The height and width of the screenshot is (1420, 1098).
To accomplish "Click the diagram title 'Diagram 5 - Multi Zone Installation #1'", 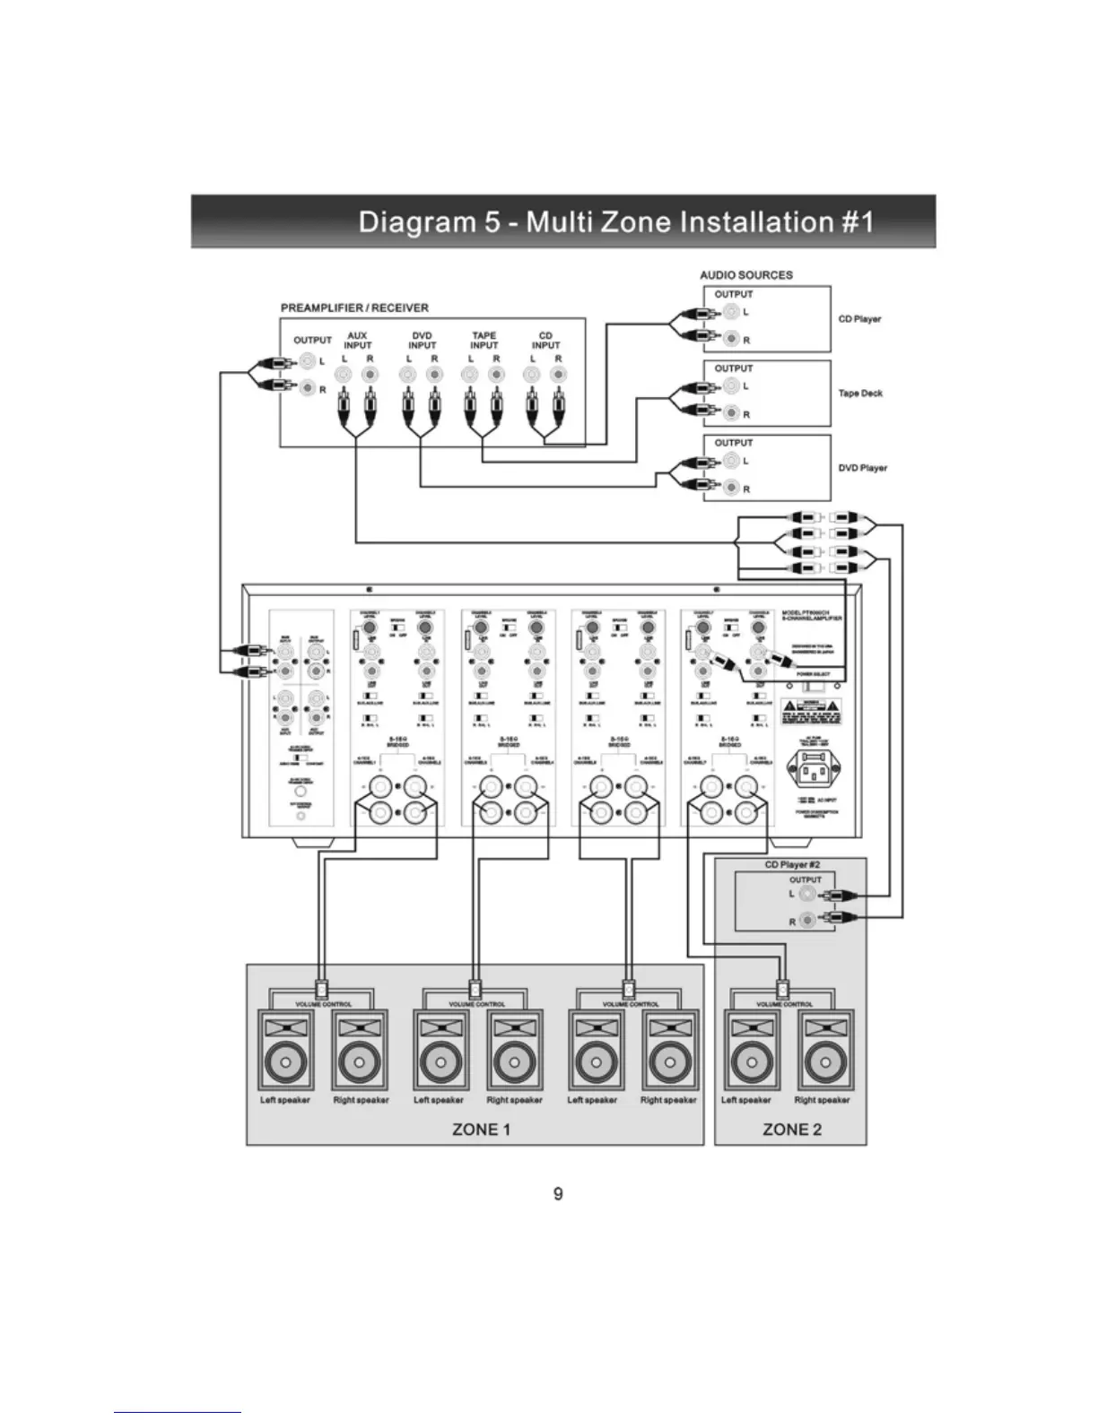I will [615, 221].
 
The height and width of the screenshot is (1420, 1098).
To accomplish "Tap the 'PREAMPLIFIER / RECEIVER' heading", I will [354, 307].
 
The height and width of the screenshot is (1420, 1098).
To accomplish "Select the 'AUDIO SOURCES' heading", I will [746, 275].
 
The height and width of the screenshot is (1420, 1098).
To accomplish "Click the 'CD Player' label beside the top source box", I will [859, 319].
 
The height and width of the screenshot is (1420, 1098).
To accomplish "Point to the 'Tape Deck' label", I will [860, 394].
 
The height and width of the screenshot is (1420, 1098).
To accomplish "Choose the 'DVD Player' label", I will [862, 468].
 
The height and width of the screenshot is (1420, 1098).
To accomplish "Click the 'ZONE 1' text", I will [481, 1130].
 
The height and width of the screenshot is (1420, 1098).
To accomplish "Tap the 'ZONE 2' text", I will [791, 1130].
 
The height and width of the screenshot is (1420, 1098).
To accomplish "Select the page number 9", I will [558, 1194].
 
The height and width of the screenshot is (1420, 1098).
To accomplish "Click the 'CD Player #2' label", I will [792, 865].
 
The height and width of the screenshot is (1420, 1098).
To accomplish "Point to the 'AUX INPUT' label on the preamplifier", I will [357, 341].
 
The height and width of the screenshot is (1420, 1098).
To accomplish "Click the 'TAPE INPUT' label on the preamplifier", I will [484, 341].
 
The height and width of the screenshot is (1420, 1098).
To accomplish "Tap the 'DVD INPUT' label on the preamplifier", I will [422, 341].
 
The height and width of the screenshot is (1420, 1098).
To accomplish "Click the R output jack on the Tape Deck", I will [732, 413].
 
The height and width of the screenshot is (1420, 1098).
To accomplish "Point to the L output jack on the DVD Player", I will [732, 461].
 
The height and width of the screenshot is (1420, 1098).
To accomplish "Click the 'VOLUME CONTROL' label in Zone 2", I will [784, 1004].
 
